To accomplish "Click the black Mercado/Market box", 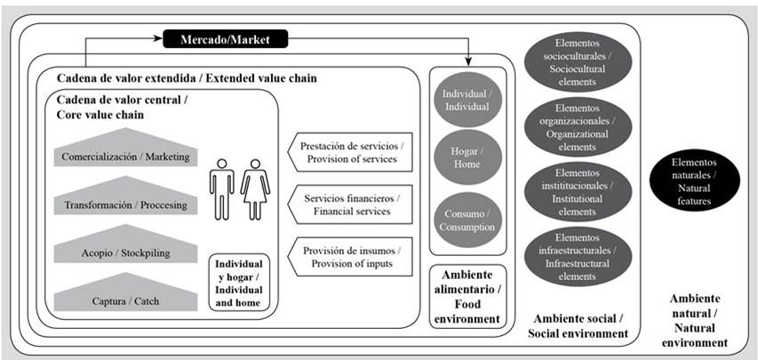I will [x=226, y=39].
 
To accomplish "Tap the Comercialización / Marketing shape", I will [x=125, y=152].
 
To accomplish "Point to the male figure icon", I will [x=221, y=188].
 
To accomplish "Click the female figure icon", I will [x=255, y=188].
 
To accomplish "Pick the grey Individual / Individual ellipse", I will [x=466, y=99].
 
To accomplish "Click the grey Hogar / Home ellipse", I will [x=466, y=157].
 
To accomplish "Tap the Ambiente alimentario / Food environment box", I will [x=467, y=294].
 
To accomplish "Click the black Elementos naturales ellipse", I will [x=693, y=176].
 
